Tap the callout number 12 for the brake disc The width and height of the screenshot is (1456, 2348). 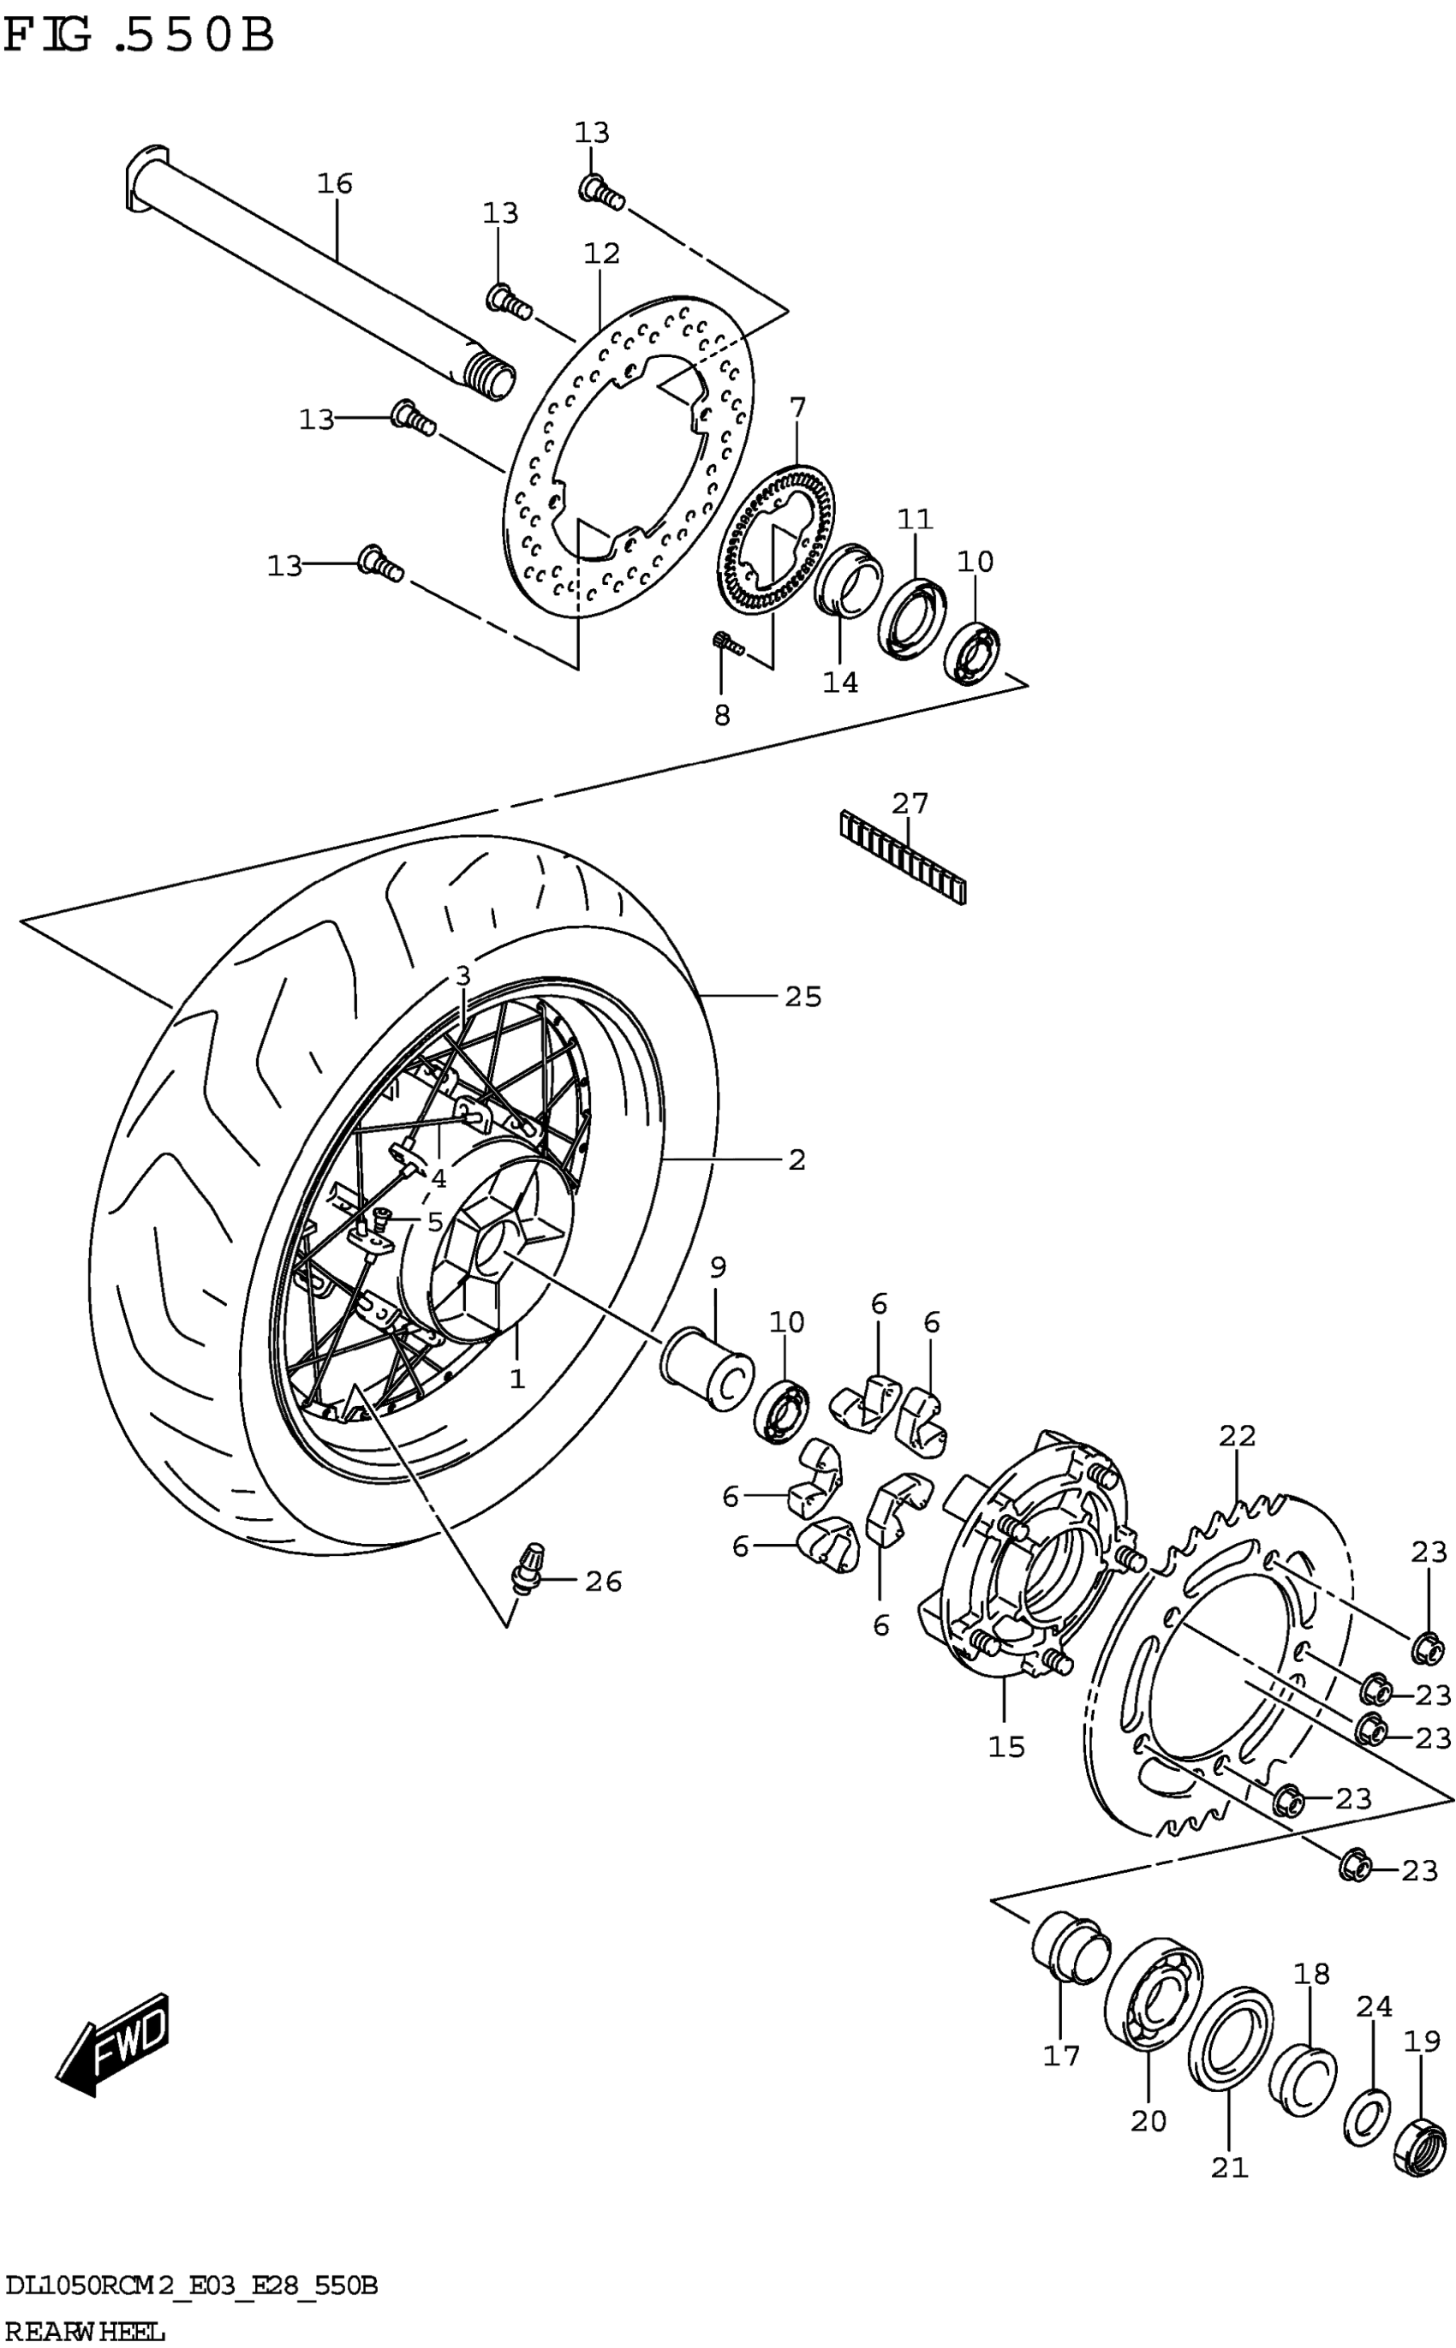click(x=601, y=254)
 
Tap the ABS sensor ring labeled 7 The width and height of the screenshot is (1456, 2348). click(x=778, y=539)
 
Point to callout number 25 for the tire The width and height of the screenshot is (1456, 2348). click(x=803, y=998)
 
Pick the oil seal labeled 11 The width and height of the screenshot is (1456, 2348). click(x=911, y=618)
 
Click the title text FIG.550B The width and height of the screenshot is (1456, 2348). click(x=140, y=37)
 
